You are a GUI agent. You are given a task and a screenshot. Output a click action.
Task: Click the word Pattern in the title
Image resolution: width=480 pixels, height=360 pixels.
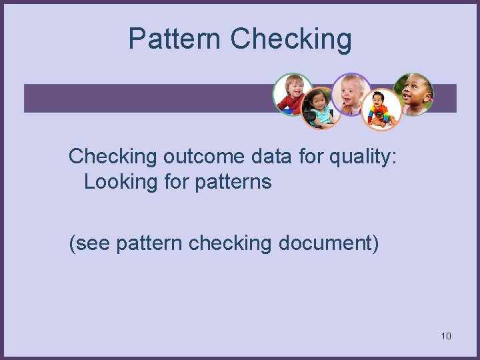(175, 39)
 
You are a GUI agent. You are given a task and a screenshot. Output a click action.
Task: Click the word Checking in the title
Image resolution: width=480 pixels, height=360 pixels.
(291, 39)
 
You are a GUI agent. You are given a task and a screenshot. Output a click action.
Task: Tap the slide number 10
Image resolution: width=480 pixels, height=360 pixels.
(446, 336)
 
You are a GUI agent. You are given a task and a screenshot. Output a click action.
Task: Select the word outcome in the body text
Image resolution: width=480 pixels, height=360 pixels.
(203, 157)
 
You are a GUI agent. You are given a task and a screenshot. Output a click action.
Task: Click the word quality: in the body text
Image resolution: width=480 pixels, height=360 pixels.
(363, 157)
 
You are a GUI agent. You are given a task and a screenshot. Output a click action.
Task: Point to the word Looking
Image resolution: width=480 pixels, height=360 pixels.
(120, 183)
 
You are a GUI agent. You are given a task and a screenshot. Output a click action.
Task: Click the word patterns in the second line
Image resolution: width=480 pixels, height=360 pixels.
(233, 183)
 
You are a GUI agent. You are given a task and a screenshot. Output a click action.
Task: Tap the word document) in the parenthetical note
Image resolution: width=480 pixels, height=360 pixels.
(329, 244)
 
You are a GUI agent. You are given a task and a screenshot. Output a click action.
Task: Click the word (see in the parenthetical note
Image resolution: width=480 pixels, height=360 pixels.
(89, 244)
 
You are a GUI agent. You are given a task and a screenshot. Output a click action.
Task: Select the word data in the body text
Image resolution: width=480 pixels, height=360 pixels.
(271, 157)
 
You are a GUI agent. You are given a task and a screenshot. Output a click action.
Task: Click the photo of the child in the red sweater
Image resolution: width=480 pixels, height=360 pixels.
(293, 94)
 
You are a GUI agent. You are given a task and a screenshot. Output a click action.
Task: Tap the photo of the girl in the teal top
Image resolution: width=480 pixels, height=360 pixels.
(321, 109)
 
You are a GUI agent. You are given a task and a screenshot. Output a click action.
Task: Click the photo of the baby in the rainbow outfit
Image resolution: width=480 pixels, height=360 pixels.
(381, 110)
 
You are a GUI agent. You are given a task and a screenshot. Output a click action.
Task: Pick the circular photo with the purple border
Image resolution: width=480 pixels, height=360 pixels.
(351, 94)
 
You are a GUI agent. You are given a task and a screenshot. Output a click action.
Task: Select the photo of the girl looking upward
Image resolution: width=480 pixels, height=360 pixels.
(413, 94)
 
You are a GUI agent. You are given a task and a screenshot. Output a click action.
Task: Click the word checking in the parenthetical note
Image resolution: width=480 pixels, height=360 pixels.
(230, 244)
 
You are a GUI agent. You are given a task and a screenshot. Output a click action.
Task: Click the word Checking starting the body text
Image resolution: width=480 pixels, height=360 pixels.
(113, 157)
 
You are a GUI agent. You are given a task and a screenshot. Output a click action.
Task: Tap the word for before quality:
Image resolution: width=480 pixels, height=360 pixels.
(311, 156)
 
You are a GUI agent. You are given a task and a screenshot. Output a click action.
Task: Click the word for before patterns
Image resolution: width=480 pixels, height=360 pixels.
(176, 181)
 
